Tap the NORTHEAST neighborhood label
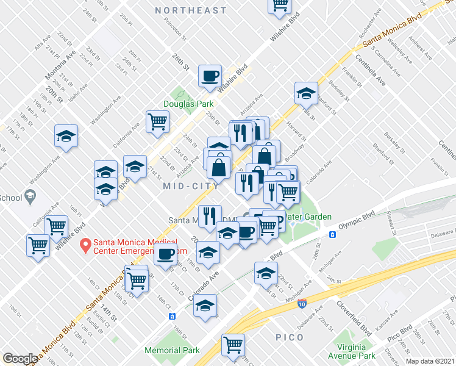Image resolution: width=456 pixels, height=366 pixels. pos(190,10)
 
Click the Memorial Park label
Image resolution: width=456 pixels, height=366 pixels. pos(172,351)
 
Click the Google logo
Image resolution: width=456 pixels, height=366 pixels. pos(20,359)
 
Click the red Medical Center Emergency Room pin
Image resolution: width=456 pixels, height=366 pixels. pos(86,246)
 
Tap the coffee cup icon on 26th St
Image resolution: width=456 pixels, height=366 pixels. pos(210,76)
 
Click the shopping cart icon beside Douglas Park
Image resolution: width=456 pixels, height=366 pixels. pos(157,121)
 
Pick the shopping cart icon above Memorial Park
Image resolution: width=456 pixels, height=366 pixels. pos(233,345)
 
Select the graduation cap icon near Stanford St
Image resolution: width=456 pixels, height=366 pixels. pos(305,93)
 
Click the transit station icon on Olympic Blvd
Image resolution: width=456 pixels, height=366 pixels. pos(333,234)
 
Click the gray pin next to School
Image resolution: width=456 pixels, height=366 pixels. pos(28,197)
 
